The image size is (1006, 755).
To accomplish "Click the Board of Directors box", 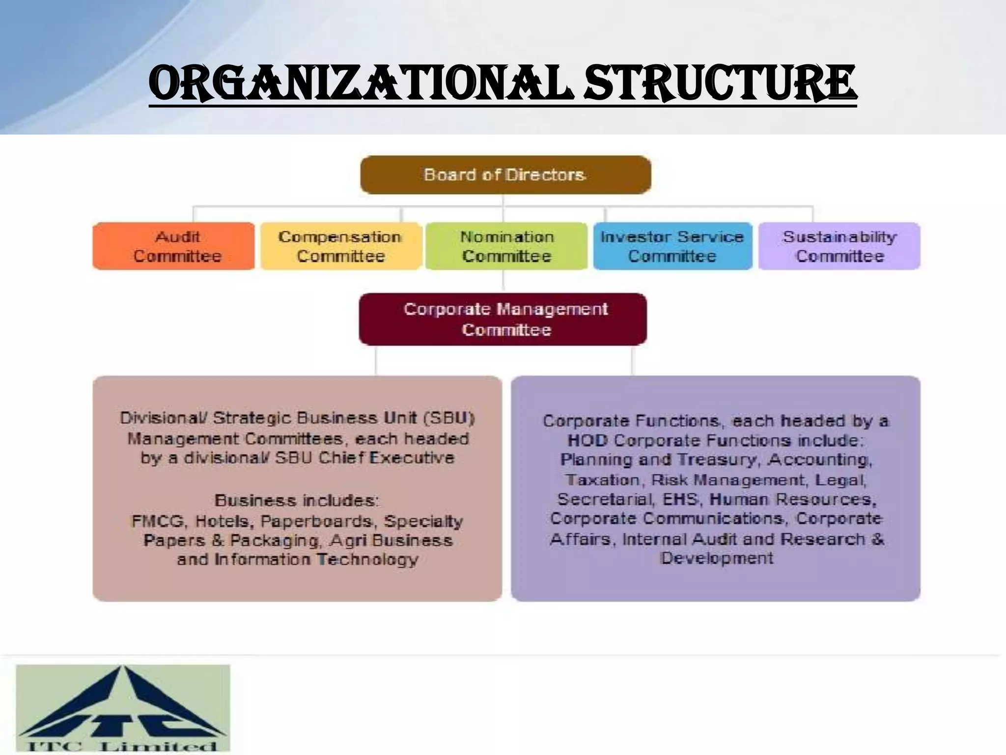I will coord(505,175).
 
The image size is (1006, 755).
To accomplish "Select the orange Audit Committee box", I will coord(174,246).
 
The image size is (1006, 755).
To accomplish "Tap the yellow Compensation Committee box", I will coord(341,246).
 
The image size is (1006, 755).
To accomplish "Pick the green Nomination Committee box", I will coord(506,246).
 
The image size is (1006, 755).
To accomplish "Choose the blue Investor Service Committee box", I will coord(672,246).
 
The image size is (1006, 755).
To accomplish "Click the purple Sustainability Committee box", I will coord(839,246).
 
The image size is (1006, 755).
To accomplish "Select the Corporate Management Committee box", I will coord(503,319).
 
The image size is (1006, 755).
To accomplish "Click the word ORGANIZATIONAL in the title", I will coord(361,84).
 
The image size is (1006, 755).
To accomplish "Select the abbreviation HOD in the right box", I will coord(587,440).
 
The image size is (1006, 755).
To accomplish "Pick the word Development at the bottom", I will coord(717,558).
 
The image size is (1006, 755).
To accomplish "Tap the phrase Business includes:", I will coord(297,500).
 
